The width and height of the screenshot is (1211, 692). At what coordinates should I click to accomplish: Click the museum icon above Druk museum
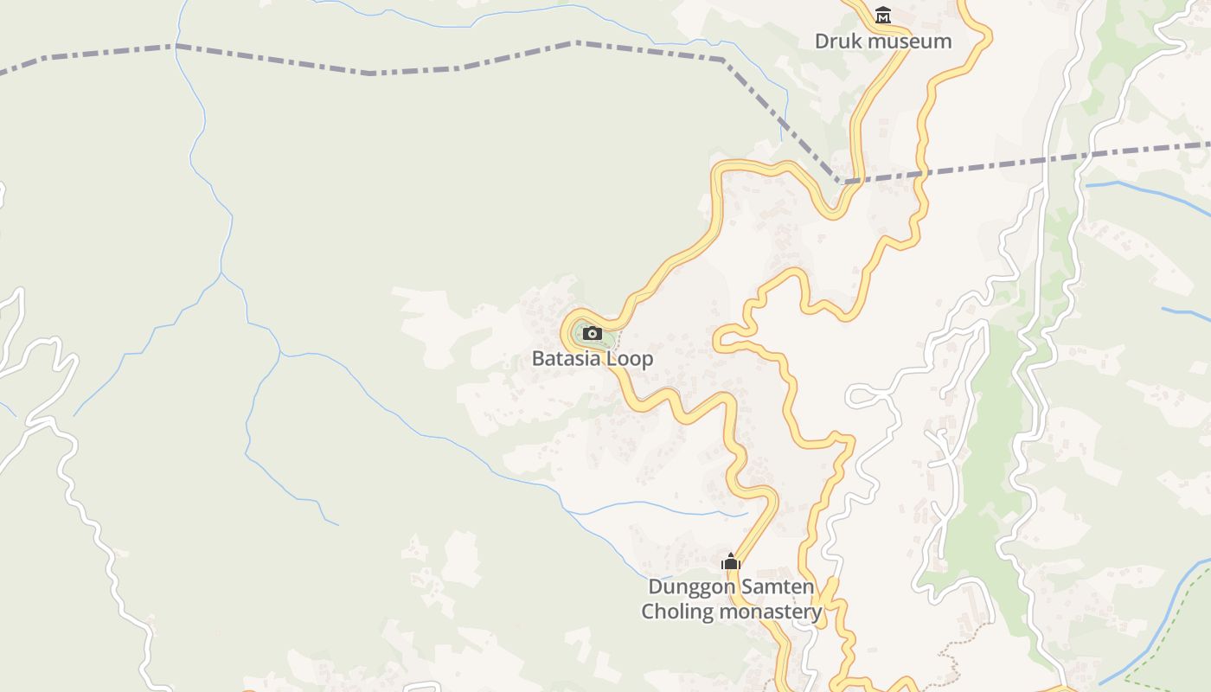point(883,16)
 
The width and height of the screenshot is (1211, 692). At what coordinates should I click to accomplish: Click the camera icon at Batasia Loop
point(593,333)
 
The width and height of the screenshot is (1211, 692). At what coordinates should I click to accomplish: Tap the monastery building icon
point(731,562)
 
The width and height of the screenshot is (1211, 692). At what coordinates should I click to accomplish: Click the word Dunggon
point(689,586)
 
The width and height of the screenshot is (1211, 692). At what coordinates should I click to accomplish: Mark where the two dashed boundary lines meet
point(841,182)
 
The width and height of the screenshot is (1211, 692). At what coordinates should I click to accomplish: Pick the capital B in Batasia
point(538,358)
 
